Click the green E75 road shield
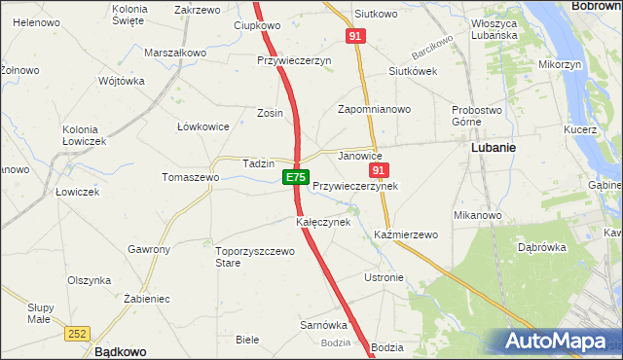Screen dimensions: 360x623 (296, 177)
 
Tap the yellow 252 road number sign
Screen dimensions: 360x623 (80, 333)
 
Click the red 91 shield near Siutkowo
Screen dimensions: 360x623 (354, 36)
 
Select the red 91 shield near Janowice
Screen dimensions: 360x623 (380, 170)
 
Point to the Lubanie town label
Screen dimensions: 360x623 (493, 148)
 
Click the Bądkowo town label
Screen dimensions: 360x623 (120, 351)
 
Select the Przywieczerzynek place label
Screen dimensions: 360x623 (355, 185)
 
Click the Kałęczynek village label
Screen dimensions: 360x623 (323, 222)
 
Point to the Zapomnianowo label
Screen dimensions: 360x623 (374, 110)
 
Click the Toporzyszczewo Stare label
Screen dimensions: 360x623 (254, 257)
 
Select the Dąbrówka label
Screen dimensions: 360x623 (542, 247)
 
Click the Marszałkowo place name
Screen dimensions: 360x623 (175, 53)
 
